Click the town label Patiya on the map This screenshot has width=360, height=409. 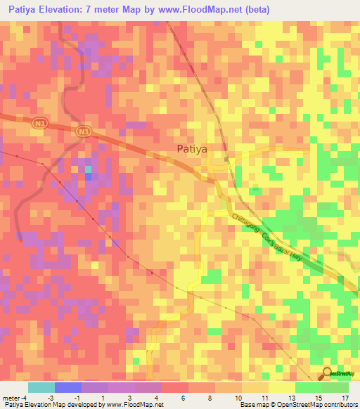[191, 148]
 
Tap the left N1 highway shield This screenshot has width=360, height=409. [39, 123]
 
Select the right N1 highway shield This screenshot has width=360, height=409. [84, 132]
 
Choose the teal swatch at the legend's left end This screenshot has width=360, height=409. [41, 387]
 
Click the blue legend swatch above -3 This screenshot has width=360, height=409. [68, 387]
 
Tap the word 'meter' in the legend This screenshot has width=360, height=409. [11, 397]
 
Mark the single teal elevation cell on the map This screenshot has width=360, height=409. [88, 169]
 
